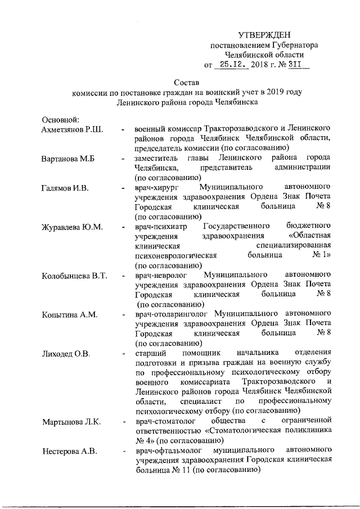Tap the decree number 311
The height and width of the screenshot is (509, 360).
pos(294,65)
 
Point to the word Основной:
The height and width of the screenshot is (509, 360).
pos(61,119)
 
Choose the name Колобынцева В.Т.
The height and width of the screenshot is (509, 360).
pos(74,276)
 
